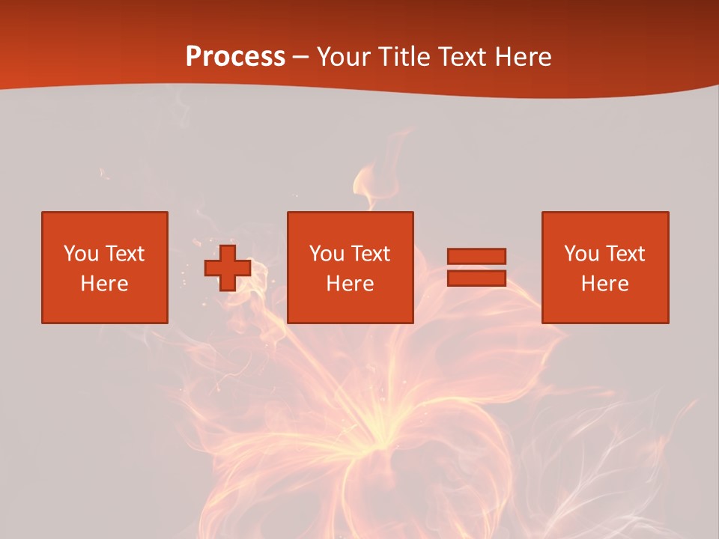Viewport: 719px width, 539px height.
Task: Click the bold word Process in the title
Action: click(x=235, y=57)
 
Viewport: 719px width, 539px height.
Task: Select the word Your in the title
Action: click(x=344, y=57)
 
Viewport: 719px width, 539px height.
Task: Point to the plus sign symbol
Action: click(x=228, y=267)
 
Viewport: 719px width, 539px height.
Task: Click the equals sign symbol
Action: click(x=476, y=267)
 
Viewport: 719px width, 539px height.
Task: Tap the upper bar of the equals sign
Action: click(x=476, y=256)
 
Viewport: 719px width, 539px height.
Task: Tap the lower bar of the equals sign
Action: click(x=476, y=278)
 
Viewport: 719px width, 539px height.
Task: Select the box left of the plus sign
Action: click(x=104, y=267)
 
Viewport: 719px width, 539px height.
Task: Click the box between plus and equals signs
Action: click(x=350, y=267)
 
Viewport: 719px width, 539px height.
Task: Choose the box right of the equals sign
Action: click(x=604, y=267)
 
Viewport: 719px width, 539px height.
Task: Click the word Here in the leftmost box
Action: click(x=104, y=284)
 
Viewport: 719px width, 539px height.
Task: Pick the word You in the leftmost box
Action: click(x=81, y=254)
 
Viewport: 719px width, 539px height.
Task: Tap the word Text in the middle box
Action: click(x=370, y=254)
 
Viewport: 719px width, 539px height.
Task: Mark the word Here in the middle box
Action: click(x=350, y=284)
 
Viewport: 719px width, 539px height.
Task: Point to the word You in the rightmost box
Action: click(x=581, y=254)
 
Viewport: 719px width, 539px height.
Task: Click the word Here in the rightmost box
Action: click(x=604, y=284)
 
